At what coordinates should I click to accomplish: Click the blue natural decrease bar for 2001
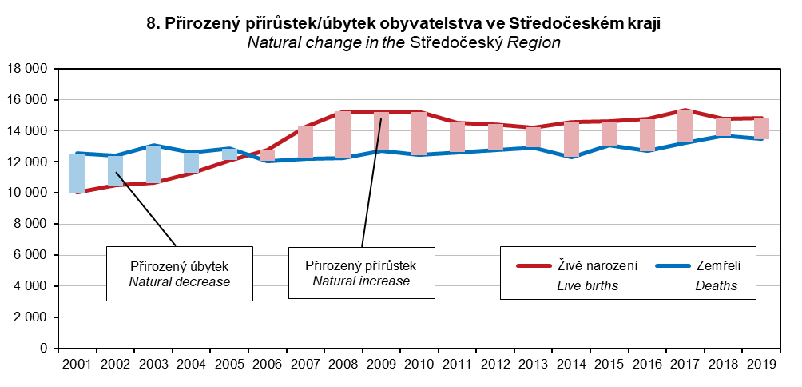coord(77,173)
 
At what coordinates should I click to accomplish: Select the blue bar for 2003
coord(153,165)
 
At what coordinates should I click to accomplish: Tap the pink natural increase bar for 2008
coord(343,134)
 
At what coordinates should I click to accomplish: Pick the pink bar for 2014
coord(571,139)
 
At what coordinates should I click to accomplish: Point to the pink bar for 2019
coord(761,128)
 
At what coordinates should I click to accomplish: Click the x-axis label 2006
coord(268,364)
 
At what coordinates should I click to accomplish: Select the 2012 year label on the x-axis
coord(495,364)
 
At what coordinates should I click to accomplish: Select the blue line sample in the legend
coord(669,265)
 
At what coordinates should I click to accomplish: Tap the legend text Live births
coord(588,285)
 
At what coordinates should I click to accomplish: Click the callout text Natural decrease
coord(180,281)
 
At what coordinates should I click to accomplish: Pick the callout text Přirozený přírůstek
coord(361,265)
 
